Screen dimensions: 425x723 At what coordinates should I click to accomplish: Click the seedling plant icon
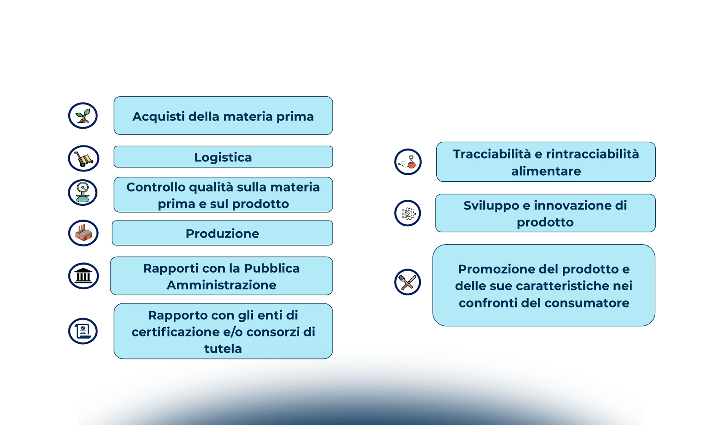pyautogui.click(x=83, y=116)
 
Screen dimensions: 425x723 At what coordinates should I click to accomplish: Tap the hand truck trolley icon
pyautogui.click(x=84, y=158)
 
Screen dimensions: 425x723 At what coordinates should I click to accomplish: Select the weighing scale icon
pyautogui.click(x=83, y=193)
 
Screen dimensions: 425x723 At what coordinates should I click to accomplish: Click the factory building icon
pyautogui.click(x=83, y=233)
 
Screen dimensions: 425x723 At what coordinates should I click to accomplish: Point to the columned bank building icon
pyautogui.click(x=84, y=276)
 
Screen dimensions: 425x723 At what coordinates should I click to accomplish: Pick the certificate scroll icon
pyautogui.click(x=83, y=331)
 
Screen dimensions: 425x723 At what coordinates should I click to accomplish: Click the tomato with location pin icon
pyautogui.click(x=408, y=162)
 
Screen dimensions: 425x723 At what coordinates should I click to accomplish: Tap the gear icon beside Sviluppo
pyautogui.click(x=408, y=213)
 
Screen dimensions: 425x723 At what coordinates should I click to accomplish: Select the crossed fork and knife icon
pyautogui.click(x=408, y=282)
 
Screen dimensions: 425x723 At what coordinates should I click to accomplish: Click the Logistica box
pyautogui.click(x=223, y=157)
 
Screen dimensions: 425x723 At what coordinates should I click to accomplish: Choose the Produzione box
pyautogui.click(x=222, y=233)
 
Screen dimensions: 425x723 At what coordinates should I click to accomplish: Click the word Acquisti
pyautogui.click(x=158, y=117)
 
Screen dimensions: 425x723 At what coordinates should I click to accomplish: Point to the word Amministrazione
pyautogui.click(x=222, y=285)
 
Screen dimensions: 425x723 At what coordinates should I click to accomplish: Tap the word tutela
pyautogui.click(x=223, y=349)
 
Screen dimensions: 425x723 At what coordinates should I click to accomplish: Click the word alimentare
pyautogui.click(x=546, y=171)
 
